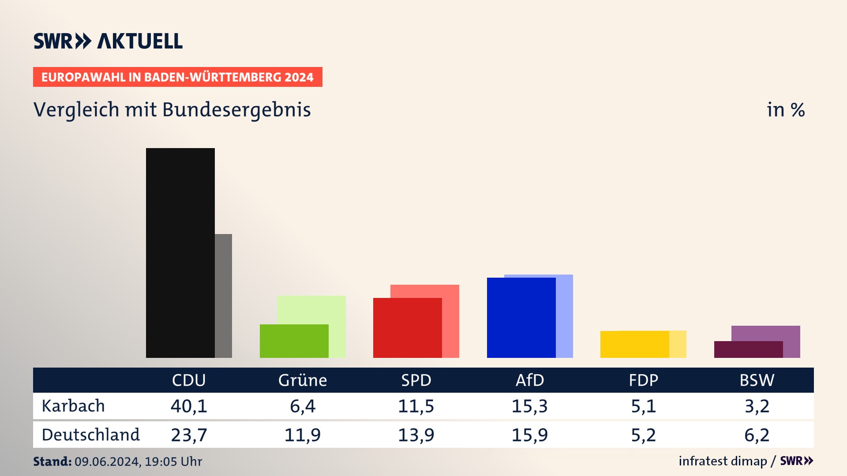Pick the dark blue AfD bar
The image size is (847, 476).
tap(521, 317)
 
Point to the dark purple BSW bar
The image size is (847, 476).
tap(748, 349)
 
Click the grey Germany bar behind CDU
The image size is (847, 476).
tap(223, 295)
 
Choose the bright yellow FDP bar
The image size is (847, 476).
tap(634, 344)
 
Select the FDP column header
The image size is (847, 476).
tap(643, 380)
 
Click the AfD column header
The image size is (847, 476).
tap(530, 380)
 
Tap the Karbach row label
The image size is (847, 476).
tap(73, 406)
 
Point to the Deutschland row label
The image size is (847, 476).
tap(90, 435)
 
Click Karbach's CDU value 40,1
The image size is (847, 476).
tap(189, 406)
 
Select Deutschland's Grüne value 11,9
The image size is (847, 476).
tap(302, 435)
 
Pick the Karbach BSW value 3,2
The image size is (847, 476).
tap(757, 406)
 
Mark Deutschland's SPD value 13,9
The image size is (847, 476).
tap(416, 435)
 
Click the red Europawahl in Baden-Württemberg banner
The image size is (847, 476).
tap(177, 77)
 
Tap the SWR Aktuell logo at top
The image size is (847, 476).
tap(108, 41)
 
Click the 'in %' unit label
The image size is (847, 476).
tap(786, 110)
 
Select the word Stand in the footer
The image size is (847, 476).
tap(52, 461)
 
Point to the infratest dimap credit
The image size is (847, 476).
tap(723, 461)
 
